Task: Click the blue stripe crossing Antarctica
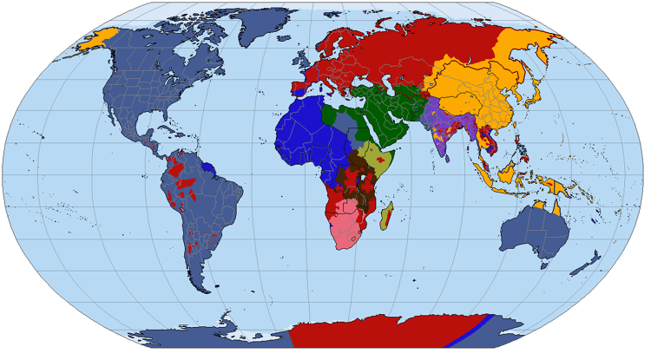(x=469, y=333)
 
